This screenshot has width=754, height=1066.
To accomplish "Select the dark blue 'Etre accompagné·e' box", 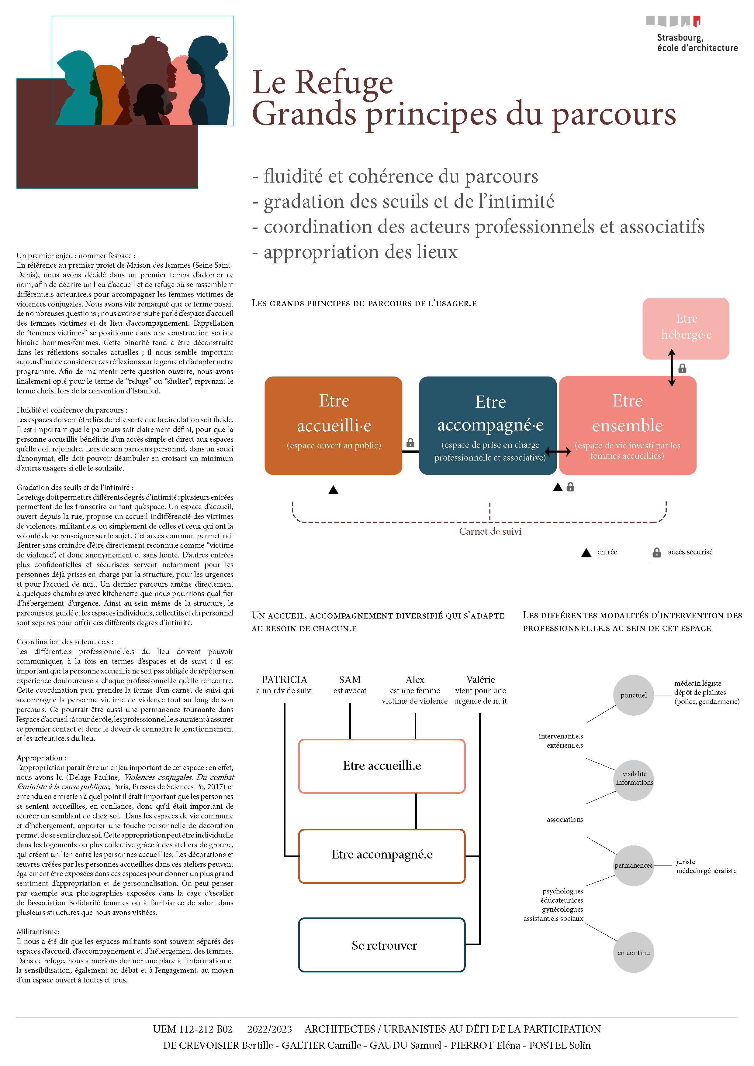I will [487, 425].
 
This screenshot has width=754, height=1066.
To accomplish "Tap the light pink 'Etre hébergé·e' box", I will [685, 328].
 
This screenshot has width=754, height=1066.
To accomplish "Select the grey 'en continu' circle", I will [633, 952].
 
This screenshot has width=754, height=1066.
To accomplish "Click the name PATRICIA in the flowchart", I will [284, 679].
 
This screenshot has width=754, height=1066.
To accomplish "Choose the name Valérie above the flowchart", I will [480, 679].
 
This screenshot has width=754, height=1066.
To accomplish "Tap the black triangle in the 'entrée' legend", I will [586, 553].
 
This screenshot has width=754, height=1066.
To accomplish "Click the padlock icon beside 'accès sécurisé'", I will [656, 553].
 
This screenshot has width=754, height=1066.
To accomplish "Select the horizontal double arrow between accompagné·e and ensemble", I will [558, 451].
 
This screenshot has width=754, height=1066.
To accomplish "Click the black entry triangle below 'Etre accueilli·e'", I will [333, 490].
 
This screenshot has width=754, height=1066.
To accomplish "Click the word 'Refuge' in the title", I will [344, 82].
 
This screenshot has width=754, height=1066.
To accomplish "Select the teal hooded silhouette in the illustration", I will [74, 88].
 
